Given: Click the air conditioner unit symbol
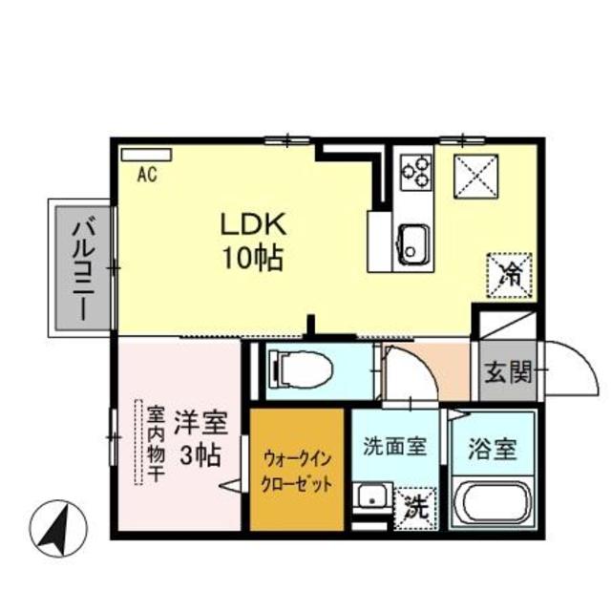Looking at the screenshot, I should point(146,153).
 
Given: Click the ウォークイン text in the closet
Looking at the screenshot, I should point(297,456).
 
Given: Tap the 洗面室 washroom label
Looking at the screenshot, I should point(394,445).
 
